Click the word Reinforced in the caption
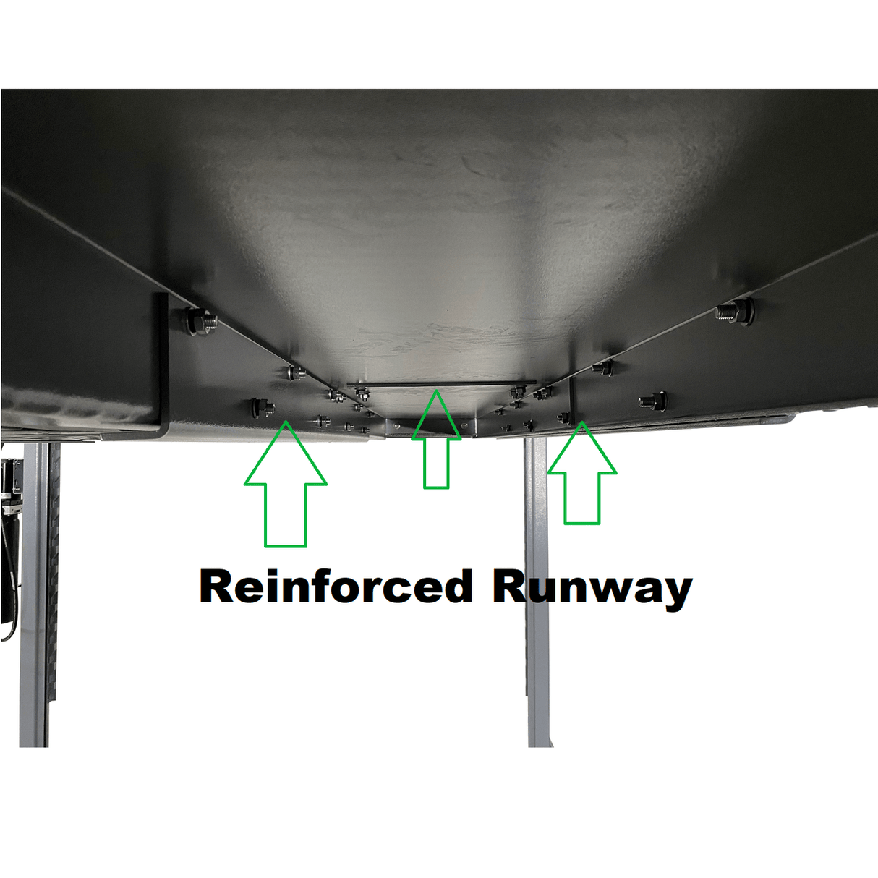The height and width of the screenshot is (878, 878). click(336, 587)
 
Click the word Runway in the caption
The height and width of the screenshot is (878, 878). click(592, 590)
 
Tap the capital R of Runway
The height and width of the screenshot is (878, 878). click(509, 587)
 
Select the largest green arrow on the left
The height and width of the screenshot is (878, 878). click(286, 484)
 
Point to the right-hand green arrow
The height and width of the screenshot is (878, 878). click(582, 473)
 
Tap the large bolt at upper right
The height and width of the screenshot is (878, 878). click(733, 312)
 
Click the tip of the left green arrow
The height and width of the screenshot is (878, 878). click(286, 421)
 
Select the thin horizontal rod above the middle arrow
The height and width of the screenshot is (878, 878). click(441, 383)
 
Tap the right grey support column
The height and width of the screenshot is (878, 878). click(537, 592)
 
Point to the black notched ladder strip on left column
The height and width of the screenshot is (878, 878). click(54, 579)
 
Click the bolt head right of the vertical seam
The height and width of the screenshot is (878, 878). click(652, 401)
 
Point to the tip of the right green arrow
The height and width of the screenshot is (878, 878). click(582, 422)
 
